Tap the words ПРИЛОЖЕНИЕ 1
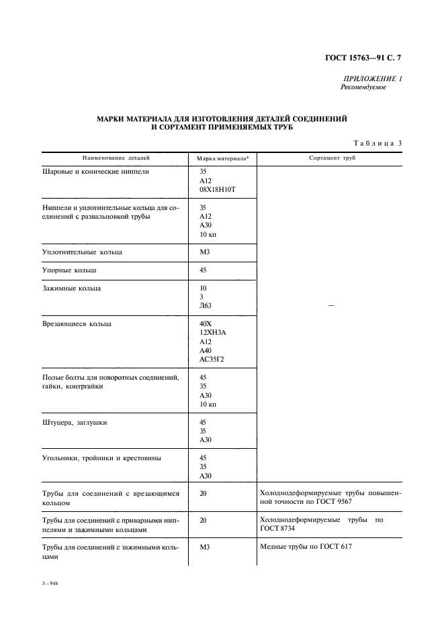(373, 78)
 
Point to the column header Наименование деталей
(116, 158)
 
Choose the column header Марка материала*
(222, 159)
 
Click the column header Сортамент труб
(332, 158)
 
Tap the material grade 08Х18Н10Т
(218, 191)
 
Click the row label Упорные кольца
(69, 270)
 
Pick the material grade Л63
(206, 306)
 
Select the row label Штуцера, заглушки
(74, 423)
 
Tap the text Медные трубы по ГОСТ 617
(305, 547)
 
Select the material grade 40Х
(206, 324)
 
